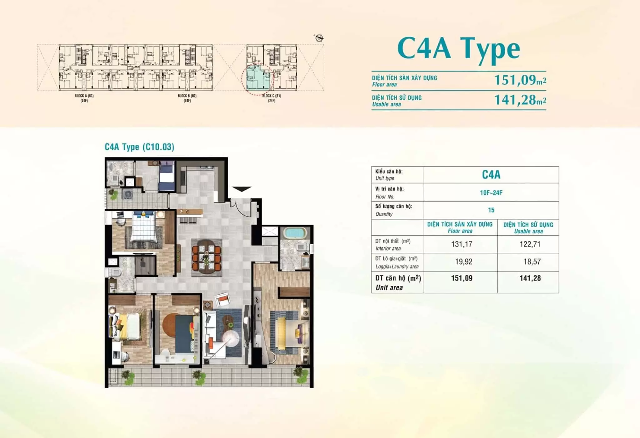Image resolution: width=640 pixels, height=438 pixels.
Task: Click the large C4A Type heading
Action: [x=458, y=49]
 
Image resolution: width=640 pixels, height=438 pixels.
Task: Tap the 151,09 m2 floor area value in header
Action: [x=520, y=80]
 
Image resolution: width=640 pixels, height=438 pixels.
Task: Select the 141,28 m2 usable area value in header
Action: [x=520, y=100]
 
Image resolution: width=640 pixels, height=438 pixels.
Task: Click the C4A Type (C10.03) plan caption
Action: [x=139, y=147]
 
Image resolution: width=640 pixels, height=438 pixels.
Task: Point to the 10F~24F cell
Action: [x=491, y=192]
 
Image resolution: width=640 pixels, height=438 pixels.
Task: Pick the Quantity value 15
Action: [x=491, y=210]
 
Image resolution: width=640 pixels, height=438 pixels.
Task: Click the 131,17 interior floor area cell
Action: [x=462, y=244]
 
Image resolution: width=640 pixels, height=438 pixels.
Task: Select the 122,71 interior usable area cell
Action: [x=530, y=244]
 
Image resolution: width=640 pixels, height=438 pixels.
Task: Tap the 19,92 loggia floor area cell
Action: [x=463, y=262]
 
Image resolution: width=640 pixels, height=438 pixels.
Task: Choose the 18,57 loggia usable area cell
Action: [x=532, y=262]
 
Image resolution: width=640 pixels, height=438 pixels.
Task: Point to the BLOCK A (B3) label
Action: [x=84, y=96]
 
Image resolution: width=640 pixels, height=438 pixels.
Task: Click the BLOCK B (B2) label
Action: [x=187, y=96]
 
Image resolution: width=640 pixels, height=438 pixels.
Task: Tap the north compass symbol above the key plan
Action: [x=319, y=38]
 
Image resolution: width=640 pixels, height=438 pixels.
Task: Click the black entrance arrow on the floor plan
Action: [x=242, y=189]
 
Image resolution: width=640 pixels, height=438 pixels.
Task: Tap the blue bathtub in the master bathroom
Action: [x=295, y=233]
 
